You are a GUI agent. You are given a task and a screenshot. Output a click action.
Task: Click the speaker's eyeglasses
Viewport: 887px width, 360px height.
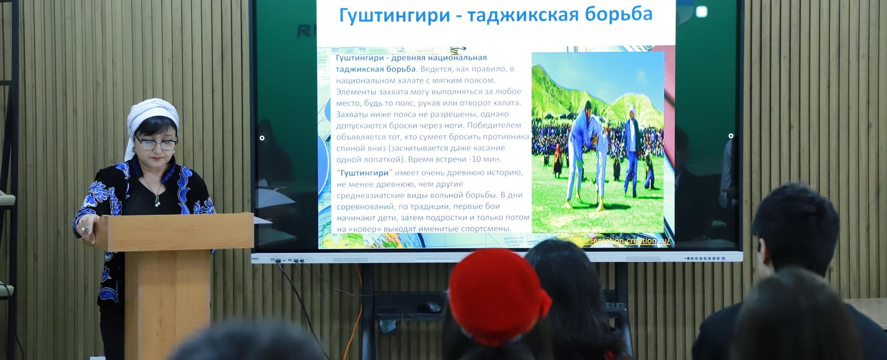coord(155,141)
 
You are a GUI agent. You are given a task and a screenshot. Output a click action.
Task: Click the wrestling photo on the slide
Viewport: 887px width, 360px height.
coord(598,143)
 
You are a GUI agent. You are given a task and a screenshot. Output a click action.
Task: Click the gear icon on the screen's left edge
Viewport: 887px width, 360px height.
coord(262,138)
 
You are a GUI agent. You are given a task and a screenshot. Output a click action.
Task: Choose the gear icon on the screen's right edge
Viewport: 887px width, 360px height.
coord(731,136)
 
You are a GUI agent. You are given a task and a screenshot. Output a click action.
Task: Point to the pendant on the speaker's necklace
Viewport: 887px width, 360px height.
coord(156,203)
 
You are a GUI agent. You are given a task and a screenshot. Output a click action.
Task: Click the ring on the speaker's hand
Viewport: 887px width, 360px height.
coord(84,229)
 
